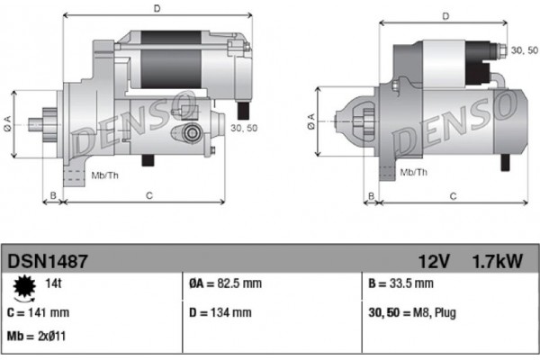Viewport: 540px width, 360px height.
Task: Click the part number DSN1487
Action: pos(48,261)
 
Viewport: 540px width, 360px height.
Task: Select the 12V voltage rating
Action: pos(434,261)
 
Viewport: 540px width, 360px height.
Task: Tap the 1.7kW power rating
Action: pos(498,261)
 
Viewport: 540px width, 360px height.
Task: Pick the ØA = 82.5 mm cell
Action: pos(225,284)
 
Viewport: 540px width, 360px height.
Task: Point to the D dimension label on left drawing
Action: pos(157,9)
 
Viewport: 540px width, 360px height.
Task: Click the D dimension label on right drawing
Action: pos(446,16)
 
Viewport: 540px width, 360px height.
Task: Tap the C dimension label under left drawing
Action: pos(148,194)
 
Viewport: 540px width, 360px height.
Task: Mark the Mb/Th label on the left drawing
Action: pos(105,174)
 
